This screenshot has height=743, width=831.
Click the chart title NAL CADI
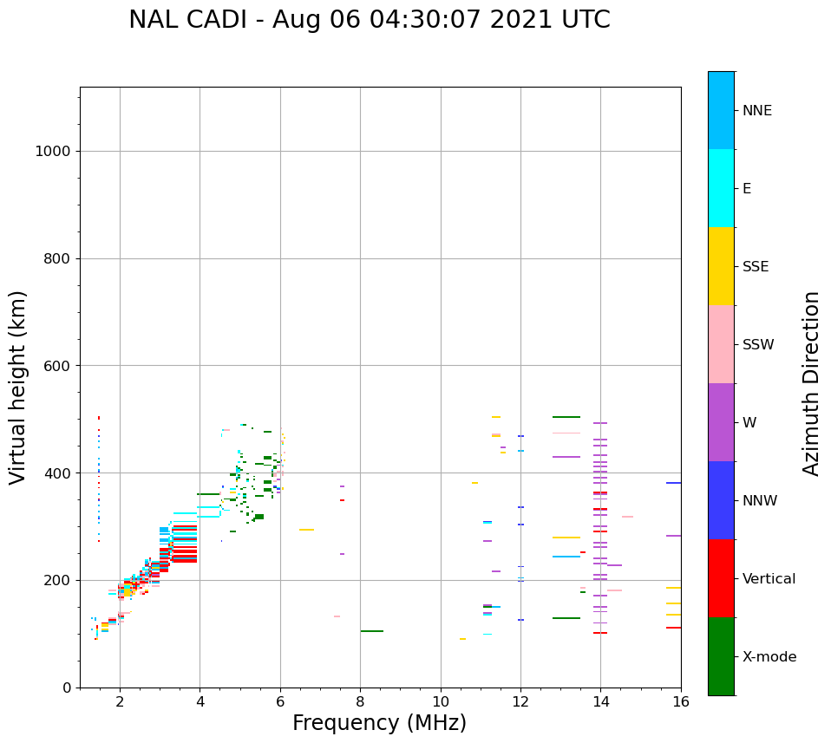coord(369,20)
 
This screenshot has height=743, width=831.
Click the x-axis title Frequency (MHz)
coord(379,723)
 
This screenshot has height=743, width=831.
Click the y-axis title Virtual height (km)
coord(18,387)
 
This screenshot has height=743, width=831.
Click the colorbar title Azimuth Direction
coord(811,383)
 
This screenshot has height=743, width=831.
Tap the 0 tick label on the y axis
coord(66,688)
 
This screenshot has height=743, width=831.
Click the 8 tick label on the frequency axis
coord(360,701)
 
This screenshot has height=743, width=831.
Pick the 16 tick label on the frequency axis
coord(681,701)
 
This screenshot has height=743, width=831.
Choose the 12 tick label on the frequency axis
coord(520,701)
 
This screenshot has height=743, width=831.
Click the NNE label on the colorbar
coord(756,111)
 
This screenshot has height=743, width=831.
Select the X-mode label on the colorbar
coord(769,657)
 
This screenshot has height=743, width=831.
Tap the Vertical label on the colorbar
coord(769,579)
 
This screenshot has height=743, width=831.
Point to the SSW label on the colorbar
coord(758,345)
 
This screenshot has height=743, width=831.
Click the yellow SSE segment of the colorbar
coord(721,266)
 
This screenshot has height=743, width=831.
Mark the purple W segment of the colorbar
coord(721,422)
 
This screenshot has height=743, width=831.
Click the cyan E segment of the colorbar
coord(721,188)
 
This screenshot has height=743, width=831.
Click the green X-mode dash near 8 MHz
coord(372,631)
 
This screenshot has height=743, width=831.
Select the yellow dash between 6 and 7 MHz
coord(306,530)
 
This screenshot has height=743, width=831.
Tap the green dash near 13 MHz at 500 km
coord(566,417)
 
